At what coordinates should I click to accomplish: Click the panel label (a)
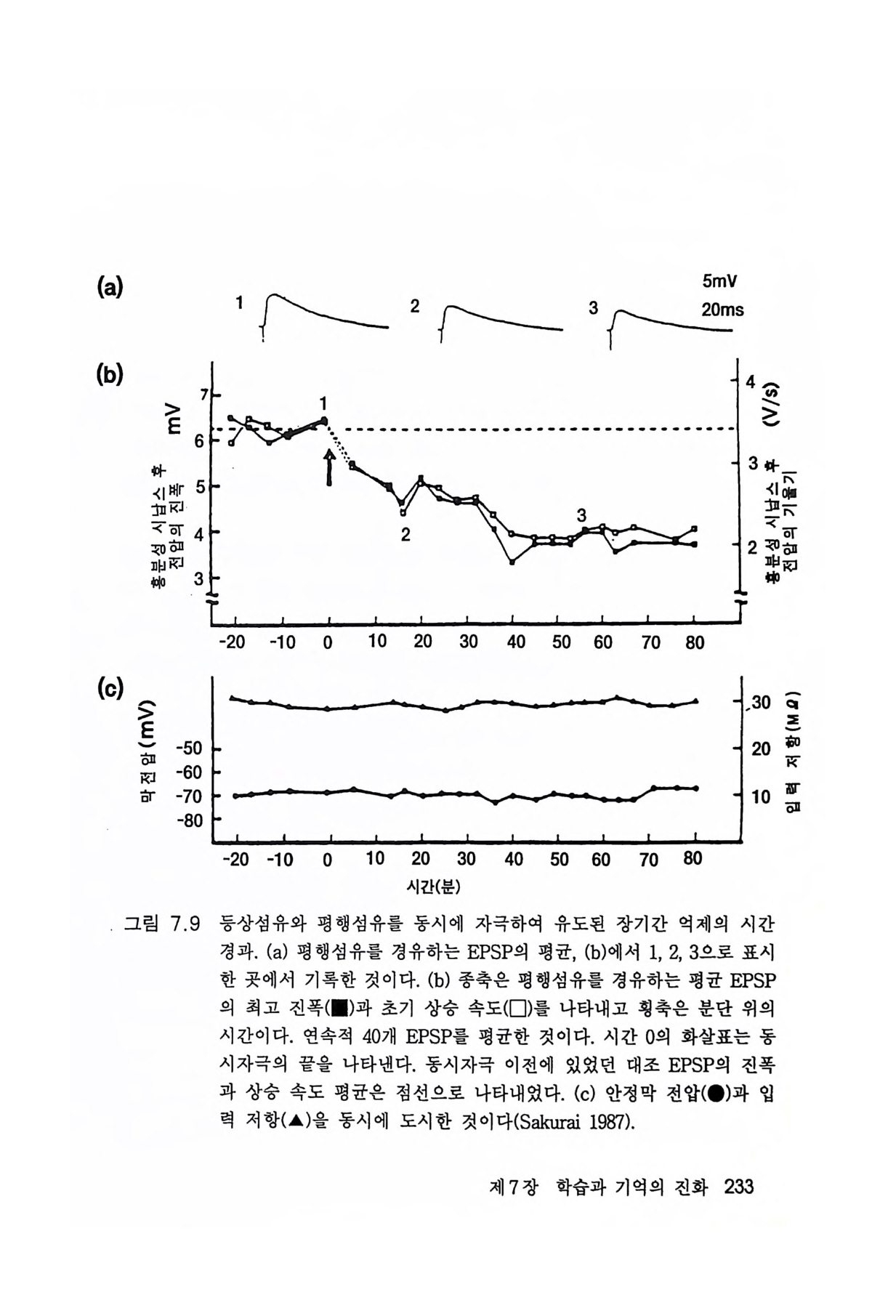[109, 288]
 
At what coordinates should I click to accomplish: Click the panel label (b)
[109, 374]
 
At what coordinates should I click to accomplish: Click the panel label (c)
[109, 687]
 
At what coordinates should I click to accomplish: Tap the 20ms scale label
[722, 310]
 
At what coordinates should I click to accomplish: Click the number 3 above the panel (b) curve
[581, 515]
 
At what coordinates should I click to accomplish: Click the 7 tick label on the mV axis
[204, 395]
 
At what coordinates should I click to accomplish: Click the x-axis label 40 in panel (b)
[514, 642]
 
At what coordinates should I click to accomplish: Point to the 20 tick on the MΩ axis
[760, 748]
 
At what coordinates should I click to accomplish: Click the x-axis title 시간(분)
[435, 887]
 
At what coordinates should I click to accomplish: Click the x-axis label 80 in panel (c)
[693, 859]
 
